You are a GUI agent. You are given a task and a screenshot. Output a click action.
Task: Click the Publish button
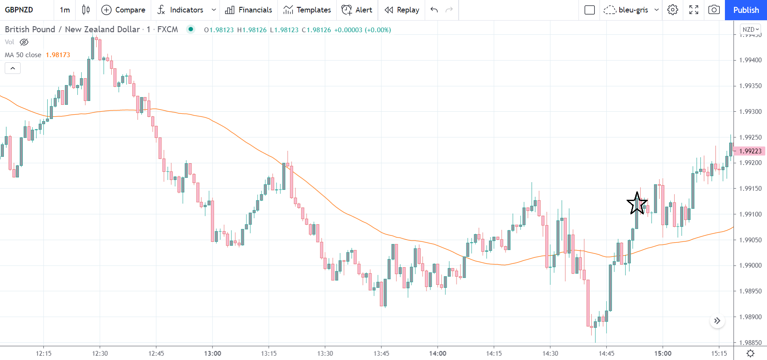(x=746, y=10)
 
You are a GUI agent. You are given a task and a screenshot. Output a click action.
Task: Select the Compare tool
(x=123, y=10)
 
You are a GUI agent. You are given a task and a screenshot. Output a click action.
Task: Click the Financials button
(x=249, y=10)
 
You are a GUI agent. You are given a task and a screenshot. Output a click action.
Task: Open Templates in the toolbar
(x=307, y=10)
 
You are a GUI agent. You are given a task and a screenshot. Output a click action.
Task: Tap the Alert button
(x=357, y=10)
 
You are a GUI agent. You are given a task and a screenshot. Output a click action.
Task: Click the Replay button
(x=402, y=10)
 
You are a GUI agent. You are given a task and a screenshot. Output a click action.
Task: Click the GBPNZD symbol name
(x=19, y=10)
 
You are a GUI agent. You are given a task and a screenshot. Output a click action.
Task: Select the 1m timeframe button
(x=65, y=10)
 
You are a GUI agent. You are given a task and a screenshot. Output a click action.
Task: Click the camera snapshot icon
(x=714, y=10)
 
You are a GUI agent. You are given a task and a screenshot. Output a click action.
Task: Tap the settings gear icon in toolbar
(x=673, y=10)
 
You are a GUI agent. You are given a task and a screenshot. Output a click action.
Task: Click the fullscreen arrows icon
(x=694, y=10)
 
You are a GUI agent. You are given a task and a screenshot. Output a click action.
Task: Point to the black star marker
(x=637, y=203)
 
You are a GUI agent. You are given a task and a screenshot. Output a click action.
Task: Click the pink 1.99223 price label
(x=750, y=151)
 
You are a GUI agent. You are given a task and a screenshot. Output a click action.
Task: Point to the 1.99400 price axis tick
(x=750, y=60)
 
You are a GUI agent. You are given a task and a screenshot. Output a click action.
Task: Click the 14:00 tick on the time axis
(x=438, y=354)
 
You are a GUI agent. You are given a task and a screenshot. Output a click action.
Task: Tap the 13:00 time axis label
(x=213, y=354)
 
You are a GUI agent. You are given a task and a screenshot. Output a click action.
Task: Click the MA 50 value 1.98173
(x=58, y=55)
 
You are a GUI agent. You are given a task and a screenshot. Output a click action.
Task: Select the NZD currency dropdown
(x=750, y=29)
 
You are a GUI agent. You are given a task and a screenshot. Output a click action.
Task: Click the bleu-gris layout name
(x=633, y=10)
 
